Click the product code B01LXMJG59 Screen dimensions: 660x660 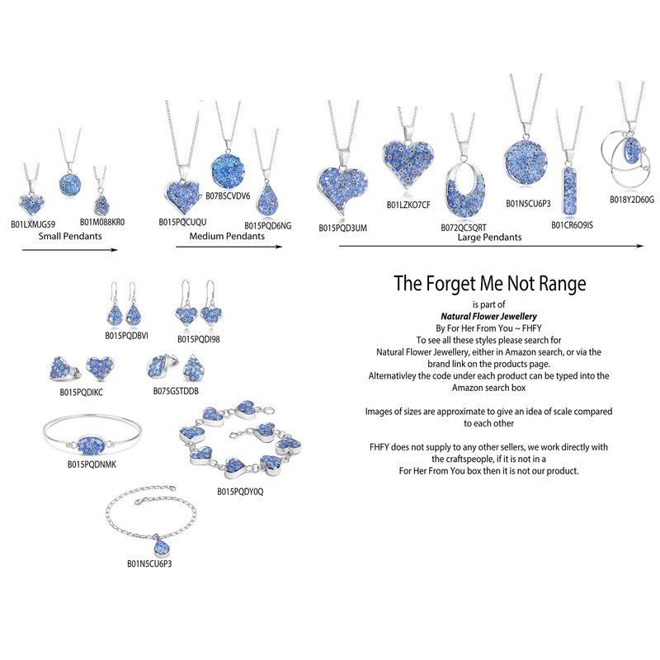click(33, 224)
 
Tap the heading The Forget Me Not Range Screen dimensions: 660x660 click(490, 284)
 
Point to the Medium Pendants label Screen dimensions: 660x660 click(227, 236)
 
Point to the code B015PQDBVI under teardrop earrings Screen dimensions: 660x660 click(125, 336)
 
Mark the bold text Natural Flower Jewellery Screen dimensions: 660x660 click(489, 315)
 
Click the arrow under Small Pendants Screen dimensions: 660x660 click(65, 249)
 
